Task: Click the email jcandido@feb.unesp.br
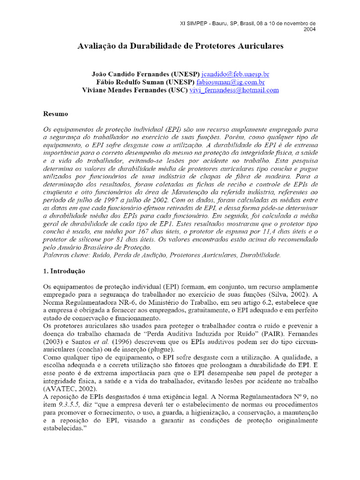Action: click(235, 74)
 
